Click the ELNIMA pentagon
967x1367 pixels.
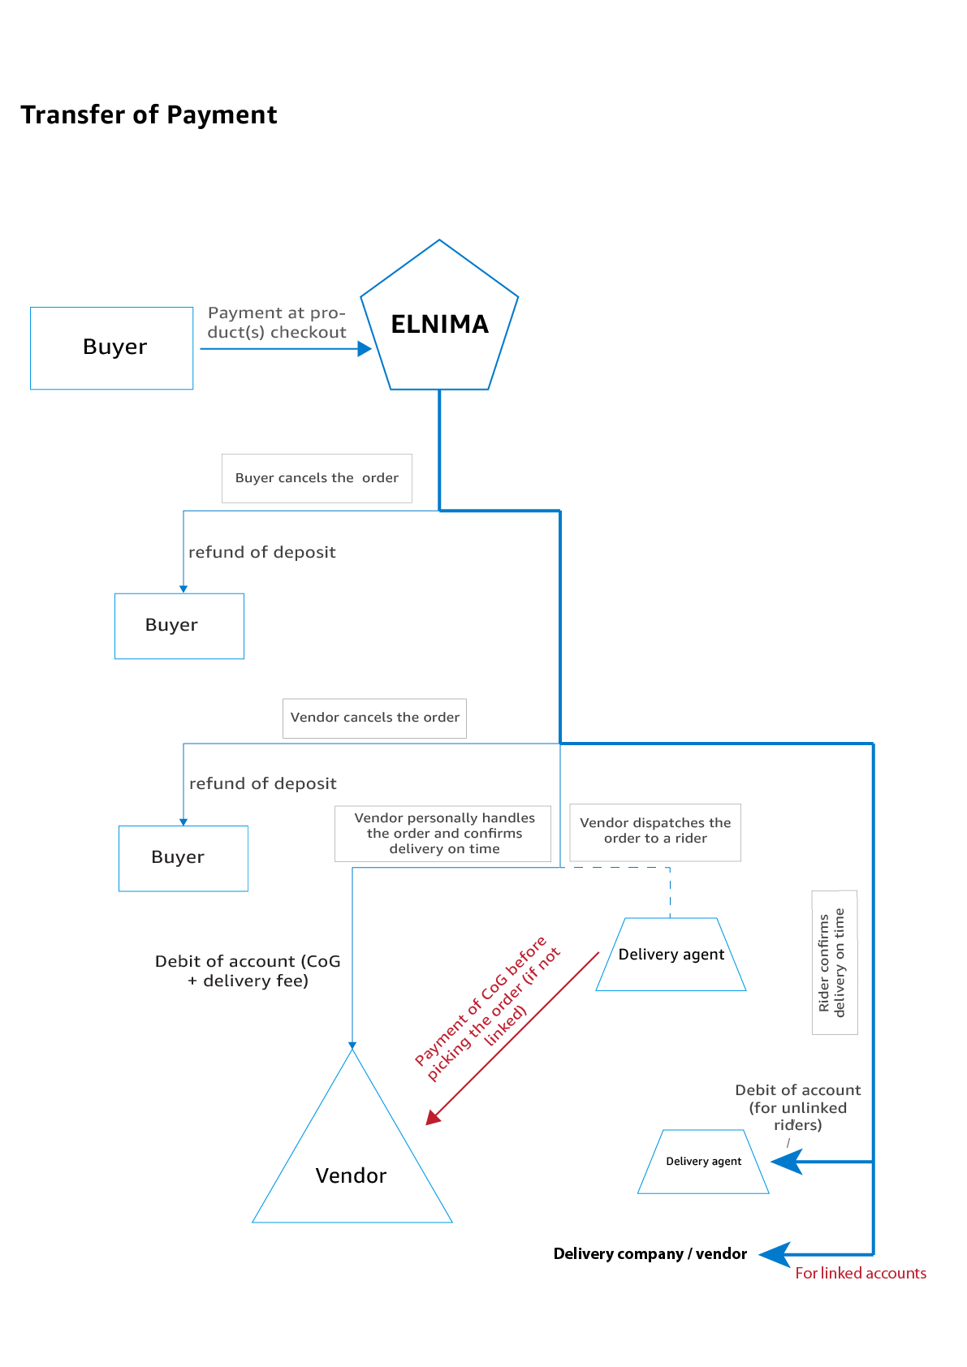click(x=439, y=325)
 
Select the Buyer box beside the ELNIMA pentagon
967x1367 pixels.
click(x=112, y=348)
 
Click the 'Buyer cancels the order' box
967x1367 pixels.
click(x=317, y=478)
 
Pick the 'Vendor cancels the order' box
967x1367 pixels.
click(x=374, y=718)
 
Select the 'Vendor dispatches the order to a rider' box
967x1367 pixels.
click(x=655, y=831)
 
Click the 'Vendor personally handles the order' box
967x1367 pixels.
click(x=443, y=834)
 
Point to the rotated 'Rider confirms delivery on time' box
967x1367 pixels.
click(x=834, y=962)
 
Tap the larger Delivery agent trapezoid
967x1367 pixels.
click(x=671, y=955)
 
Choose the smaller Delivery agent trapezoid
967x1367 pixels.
click(x=703, y=1162)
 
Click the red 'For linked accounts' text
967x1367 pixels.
click(x=861, y=1273)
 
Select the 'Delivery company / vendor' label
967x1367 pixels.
click(x=650, y=1254)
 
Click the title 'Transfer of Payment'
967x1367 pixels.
click(x=149, y=115)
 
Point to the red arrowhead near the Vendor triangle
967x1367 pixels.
click(x=433, y=1118)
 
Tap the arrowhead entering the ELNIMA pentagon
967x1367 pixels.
click(x=365, y=349)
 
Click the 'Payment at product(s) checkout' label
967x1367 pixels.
click(x=277, y=322)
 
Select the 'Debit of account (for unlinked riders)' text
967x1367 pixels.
click(x=797, y=1107)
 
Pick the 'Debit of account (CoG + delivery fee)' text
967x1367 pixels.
click(x=248, y=971)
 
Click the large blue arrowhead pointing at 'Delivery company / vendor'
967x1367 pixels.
click(x=774, y=1255)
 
